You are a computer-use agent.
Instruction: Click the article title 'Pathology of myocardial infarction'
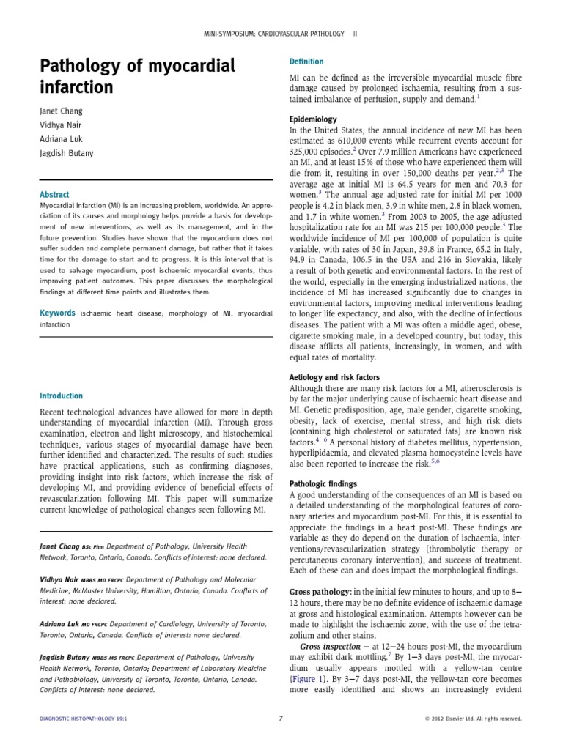coord(137,77)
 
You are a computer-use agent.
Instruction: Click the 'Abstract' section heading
coord(55,195)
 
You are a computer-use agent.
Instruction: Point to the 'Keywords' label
coord(56,313)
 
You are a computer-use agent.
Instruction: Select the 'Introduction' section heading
coord(62,396)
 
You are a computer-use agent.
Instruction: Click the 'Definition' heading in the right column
coord(306,62)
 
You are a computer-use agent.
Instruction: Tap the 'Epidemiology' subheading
coord(313,119)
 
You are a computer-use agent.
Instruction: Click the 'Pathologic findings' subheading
coord(323,484)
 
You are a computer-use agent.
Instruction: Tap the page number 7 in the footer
coord(281,719)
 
